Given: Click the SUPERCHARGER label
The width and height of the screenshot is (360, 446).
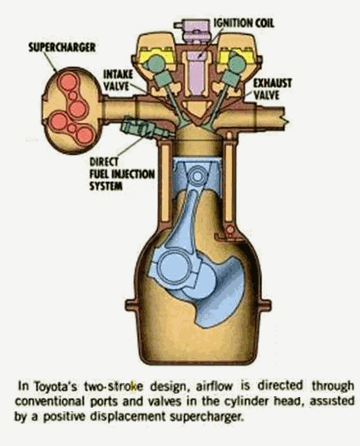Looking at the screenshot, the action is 62,47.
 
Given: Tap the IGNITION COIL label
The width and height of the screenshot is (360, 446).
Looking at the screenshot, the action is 244,23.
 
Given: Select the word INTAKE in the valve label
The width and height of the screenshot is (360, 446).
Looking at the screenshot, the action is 118,74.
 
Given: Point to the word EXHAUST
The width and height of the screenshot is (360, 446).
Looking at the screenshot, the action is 273,83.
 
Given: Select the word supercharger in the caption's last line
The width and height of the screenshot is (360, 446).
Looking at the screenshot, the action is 207,417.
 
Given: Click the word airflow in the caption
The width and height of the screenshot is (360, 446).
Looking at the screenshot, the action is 215,386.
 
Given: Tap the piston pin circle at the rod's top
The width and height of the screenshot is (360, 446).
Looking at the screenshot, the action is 197,176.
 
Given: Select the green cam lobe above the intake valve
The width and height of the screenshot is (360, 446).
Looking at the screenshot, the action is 156,64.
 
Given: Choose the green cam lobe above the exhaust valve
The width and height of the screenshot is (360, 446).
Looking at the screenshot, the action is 236,63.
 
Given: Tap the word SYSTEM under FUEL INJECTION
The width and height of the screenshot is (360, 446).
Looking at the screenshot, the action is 106,186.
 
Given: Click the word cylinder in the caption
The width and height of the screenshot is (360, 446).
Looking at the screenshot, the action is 247,401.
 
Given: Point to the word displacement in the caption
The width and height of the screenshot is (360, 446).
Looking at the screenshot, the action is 127,417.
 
